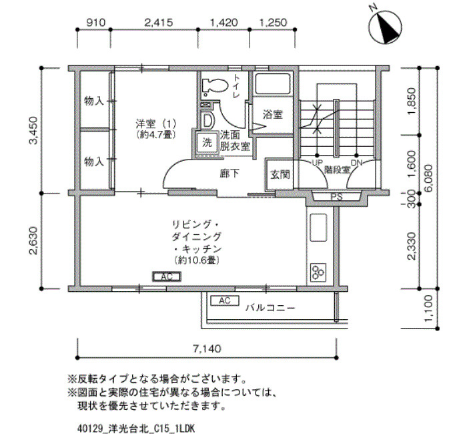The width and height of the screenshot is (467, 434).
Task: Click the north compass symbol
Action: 384,27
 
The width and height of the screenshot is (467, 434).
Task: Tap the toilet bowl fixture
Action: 214,85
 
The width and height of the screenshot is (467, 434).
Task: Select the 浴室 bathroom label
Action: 272,114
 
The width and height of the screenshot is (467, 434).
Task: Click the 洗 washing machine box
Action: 207,142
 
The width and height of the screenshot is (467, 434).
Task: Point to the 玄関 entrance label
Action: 280,174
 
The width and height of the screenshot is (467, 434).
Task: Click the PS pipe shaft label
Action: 336,197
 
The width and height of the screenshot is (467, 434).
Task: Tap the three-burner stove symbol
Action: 318,272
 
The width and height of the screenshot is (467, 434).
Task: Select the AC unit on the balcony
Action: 225,300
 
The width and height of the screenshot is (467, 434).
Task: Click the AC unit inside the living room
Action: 167,276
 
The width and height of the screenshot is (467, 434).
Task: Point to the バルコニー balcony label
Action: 270,308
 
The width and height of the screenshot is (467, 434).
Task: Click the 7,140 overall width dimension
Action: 207,349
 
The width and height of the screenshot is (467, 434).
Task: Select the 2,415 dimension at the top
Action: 159,23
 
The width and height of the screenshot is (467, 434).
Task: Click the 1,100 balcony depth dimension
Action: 429,308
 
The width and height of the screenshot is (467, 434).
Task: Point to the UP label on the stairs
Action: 317,163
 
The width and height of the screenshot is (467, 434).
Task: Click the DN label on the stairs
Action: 357,163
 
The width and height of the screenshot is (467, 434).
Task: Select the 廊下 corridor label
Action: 229,173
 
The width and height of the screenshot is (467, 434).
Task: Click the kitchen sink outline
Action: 318,227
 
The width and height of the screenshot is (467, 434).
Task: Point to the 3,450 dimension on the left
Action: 33,130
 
